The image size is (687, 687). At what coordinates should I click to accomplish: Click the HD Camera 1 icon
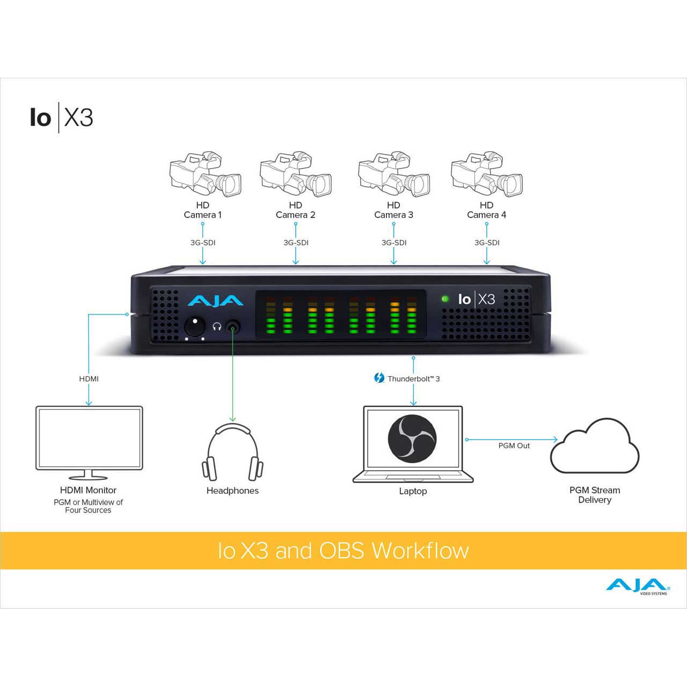click(206, 174)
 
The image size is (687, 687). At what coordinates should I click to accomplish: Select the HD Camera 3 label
click(393, 210)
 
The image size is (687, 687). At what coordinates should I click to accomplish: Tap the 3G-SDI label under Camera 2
click(296, 243)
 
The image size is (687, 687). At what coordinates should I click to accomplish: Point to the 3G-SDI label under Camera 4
click(487, 243)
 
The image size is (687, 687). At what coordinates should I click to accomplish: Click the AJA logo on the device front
click(215, 301)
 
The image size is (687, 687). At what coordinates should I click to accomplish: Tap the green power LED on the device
click(445, 299)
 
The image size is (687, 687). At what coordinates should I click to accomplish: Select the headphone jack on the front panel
click(233, 326)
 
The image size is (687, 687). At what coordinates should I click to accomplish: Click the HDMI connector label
click(89, 378)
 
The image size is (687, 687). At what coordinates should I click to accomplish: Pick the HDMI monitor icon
click(89, 443)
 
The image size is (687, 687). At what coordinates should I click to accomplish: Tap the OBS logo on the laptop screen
click(412, 439)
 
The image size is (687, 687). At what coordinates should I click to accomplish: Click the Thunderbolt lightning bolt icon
click(379, 378)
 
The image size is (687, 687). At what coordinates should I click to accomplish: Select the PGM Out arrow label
click(514, 445)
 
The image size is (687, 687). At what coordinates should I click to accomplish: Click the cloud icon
click(595, 446)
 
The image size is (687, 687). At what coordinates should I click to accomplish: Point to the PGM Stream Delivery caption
click(595, 495)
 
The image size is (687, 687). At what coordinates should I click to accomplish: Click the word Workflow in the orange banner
click(420, 551)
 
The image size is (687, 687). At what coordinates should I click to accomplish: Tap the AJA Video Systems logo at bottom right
click(638, 587)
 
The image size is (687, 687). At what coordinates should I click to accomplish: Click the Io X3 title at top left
click(62, 118)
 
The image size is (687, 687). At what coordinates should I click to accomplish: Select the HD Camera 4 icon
click(487, 174)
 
